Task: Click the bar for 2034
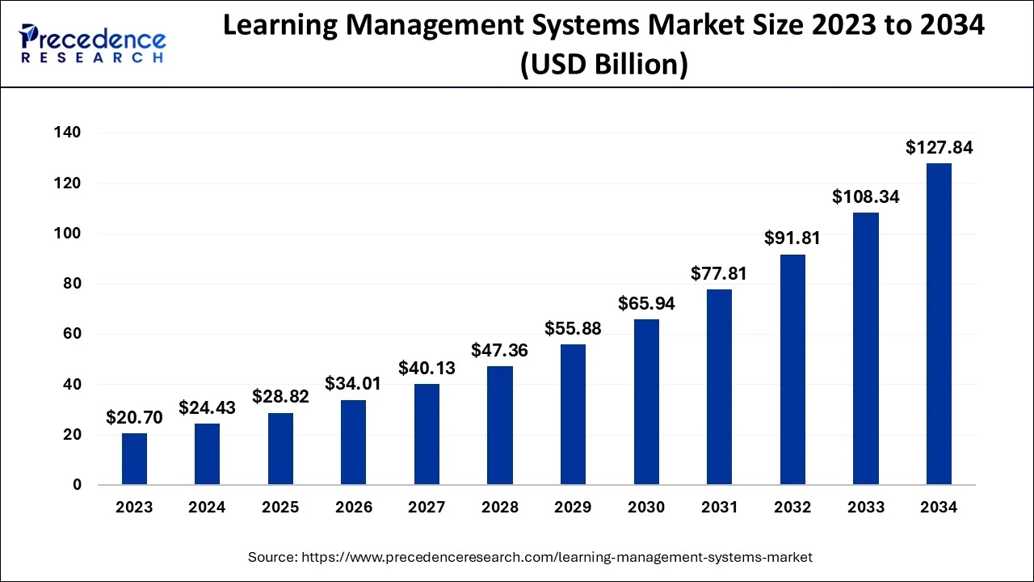(939, 324)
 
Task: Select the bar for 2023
(134, 459)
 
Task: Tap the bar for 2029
(573, 415)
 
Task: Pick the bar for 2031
(719, 387)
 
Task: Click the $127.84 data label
(939, 148)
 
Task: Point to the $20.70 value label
(134, 418)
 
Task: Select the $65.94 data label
(646, 304)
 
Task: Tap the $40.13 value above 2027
(427, 369)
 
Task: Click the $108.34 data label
(865, 197)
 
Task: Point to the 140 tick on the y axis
(68, 133)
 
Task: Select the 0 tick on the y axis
(78, 485)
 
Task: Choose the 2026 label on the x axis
(354, 508)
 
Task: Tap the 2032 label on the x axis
(792, 508)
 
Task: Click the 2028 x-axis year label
(500, 508)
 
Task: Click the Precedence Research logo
(93, 44)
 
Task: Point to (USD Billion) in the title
(603, 64)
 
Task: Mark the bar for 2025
(280, 449)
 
